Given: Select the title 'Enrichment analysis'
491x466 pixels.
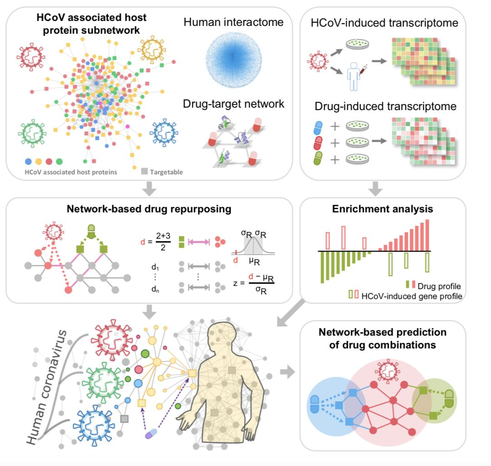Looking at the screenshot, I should pos(382,209).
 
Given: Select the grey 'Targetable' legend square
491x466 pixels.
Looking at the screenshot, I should pos(144,171).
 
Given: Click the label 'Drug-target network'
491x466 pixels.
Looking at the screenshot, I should pos(234,104).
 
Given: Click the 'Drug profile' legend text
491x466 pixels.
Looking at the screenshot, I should pos(439,286).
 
